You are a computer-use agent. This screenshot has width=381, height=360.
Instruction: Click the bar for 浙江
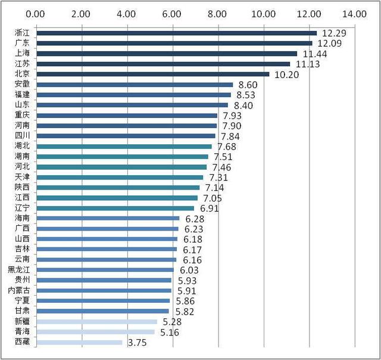coord(176,33)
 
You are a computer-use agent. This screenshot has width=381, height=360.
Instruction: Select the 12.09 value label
coord(332,43)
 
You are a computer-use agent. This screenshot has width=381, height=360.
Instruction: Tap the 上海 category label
coord(22,54)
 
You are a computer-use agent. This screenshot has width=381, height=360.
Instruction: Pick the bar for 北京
coord(152,75)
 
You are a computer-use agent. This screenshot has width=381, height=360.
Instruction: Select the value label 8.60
coord(247,85)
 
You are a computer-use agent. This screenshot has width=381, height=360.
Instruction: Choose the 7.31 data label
coord(218,178)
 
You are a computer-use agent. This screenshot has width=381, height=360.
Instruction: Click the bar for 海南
coord(107,219)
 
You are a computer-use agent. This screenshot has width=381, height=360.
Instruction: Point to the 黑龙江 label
coord(18,269)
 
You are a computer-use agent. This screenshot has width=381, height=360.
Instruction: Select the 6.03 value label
coord(188,269)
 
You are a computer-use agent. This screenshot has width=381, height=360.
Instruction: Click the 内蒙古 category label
coord(18,290)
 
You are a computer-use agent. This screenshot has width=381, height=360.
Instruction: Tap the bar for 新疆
coord(96,322)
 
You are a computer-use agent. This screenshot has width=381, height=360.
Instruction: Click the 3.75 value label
coord(137,343)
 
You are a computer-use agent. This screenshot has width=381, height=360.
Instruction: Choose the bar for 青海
coord(95,332)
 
